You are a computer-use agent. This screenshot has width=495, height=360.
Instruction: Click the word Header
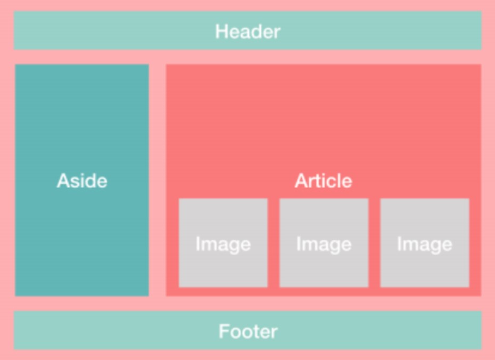(x=247, y=31)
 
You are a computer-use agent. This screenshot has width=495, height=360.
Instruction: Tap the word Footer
(x=248, y=332)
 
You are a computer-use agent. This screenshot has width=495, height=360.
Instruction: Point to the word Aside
(x=82, y=181)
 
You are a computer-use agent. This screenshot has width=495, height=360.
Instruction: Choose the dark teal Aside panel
(x=82, y=117)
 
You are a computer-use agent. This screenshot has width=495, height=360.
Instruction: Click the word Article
(x=324, y=181)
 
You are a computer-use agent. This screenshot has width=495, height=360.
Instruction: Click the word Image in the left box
(x=223, y=244)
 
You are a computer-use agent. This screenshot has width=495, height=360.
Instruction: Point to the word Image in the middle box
(x=324, y=244)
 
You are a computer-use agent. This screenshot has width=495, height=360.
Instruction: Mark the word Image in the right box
(x=425, y=244)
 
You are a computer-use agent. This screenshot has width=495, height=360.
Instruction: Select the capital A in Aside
(x=63, y=181)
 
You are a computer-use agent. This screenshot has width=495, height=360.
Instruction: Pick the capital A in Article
(x=302, y=181)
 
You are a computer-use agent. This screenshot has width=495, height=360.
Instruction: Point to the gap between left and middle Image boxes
(x=274, y=243)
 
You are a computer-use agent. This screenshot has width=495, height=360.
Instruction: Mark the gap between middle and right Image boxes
(x=374, y=243)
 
